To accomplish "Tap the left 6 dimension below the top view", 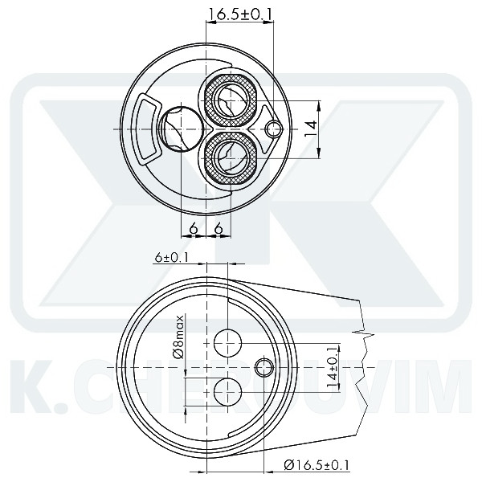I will [x=194, y=228].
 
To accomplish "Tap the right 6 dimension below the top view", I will [x=219, y=228].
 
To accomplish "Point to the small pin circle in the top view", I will [x=275, y=129].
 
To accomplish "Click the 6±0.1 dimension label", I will [x=171, y=257].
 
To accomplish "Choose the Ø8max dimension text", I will [x=178, y=337].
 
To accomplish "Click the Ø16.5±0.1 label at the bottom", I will [x=317, y=464].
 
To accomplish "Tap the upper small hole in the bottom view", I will [x=228, y=343].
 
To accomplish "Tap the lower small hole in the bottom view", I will [x=228, y=391].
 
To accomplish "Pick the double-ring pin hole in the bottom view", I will [x=263, y=367].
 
